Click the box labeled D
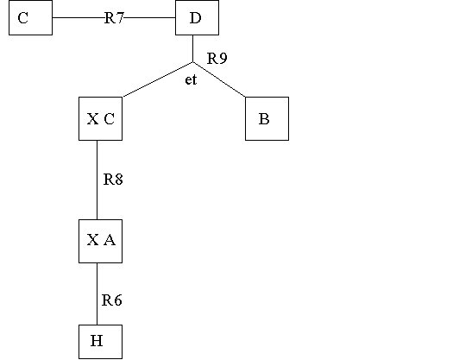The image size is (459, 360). click(197, 17)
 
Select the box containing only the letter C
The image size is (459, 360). click(31, 17)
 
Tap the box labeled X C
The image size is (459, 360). click(100, 118)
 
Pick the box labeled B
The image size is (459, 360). click(267, 118)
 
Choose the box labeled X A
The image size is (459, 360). click(100, 241)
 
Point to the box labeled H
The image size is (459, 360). click(100, 342)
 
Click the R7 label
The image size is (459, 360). click(114, 18)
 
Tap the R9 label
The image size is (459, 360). click(217, 59)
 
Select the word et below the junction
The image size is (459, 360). click(191, 79)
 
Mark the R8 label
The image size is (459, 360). click(113, 180)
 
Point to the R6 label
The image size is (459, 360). click(112, 300)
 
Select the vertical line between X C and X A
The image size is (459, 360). click(97, 180)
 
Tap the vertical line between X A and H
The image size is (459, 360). click(97, 294)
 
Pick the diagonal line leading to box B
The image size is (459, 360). click(219, 79)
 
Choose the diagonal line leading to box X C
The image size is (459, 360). click(158, 79)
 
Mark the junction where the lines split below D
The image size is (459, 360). click(192, 62)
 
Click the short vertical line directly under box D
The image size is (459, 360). click(192, 48)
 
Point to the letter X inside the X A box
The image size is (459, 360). click(92, 240)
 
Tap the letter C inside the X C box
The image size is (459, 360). click(109, 119)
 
